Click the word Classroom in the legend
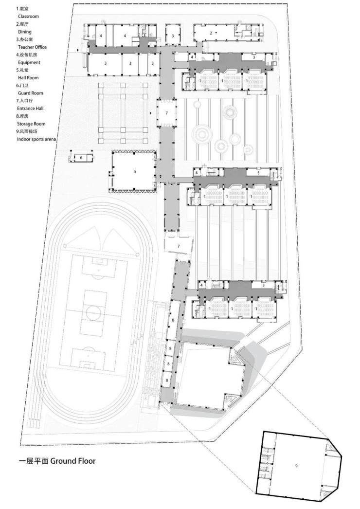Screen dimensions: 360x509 coord(28,17)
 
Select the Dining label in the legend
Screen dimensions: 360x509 coord(25,32)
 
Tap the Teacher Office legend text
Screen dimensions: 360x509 coord(32,47)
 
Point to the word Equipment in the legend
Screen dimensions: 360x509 coord(29,62)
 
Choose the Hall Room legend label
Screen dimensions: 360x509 coord(28,77)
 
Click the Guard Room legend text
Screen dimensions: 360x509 coord(31,93)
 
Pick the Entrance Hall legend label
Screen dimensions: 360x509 coord(30,109)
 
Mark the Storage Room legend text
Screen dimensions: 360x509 coord(31,124)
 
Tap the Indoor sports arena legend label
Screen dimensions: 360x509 coord(36,139)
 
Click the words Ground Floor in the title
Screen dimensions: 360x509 coord(73,461)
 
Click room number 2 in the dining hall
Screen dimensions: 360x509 coord(211,33)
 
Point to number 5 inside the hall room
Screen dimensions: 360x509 coord(135,172)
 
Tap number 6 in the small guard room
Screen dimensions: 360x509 coord(81,158)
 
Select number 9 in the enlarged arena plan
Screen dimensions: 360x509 coord(296,466)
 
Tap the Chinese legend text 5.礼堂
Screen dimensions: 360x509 coord(23,70)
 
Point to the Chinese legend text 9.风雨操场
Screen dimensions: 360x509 coord(27,131)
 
